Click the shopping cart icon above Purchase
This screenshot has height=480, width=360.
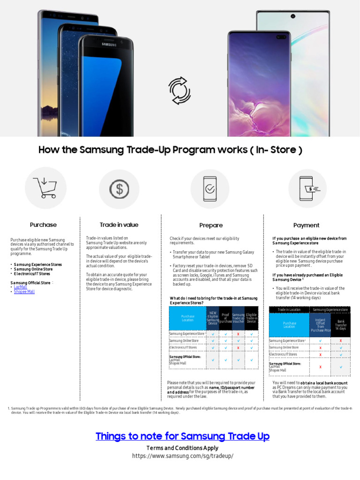point(45,188)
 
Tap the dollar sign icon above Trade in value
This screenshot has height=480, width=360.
point(119,188)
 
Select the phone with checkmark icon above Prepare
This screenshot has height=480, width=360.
point(210,188)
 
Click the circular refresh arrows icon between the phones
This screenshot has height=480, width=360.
point(180,90)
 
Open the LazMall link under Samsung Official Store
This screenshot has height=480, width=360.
point(21,287)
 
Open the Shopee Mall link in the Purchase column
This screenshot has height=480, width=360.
point(24,292)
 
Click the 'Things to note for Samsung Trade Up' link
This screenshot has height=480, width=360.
point(182,436)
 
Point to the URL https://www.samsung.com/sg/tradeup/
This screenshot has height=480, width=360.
point(182,456)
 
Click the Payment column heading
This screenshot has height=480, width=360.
point(306,225)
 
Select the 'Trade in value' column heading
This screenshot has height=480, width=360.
point(119,225)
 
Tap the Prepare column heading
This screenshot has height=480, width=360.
point(211,225)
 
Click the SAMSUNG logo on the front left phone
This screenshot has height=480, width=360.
point(109,44)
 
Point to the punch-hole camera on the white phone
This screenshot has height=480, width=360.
point(292,16)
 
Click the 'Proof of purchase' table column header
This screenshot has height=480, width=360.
point(225,319)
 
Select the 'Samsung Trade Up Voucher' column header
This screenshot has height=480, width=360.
point(239,319)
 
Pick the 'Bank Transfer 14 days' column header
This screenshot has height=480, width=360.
point(341,324)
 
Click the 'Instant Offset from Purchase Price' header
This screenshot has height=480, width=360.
point(321,324)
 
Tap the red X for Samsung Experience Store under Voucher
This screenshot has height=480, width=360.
point(239,334)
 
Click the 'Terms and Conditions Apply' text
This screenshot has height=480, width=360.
point(182,448)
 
